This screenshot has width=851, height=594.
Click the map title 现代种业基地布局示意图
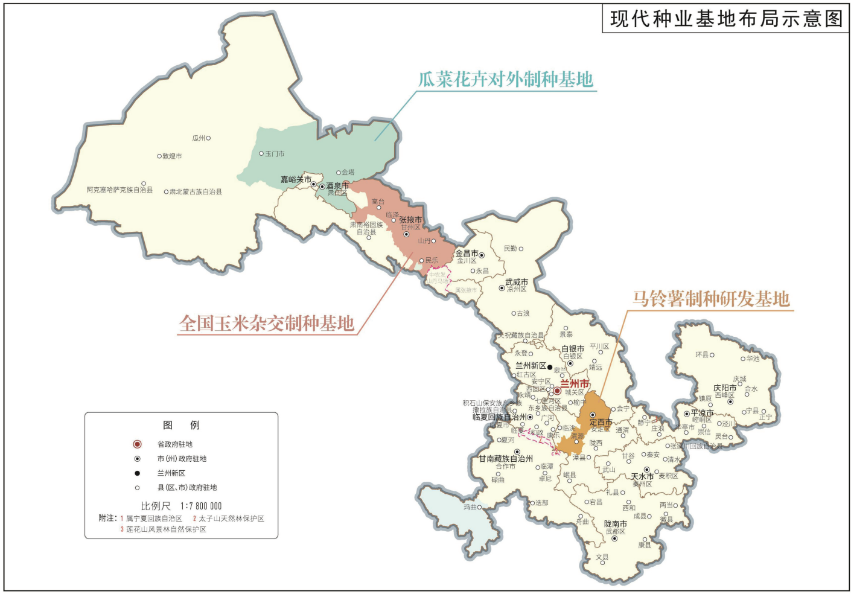tap(726, 19)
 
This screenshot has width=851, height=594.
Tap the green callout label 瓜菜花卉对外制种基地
tap(506, 80)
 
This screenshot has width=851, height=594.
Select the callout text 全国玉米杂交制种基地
tap(266, 324)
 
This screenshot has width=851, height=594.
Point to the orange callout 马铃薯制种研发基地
tap(710, 299)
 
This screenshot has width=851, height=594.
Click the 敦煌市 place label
tap(172, 156)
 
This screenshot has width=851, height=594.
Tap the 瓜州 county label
tap(199, 138)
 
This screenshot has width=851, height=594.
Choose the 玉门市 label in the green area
tap(275, 154)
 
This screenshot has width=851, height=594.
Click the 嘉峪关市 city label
tap(296, 179)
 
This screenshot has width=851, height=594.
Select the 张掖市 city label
tap(410, 220)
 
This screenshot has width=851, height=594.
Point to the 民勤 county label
tap(511, 249)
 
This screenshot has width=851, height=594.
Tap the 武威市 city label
tap(517, 282)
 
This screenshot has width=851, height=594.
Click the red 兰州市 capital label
tap(574, 384)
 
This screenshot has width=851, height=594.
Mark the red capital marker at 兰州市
tap(558, 391)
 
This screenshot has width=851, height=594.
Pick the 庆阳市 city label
tap(725, 388)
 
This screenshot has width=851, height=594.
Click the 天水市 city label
tap(642, 476)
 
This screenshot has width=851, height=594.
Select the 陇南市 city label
tap(616, 524)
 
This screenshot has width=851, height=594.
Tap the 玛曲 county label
tap(470, 507)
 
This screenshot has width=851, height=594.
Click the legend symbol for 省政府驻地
tap(137, 444)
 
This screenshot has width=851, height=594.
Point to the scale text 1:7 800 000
tap(201, 506)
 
